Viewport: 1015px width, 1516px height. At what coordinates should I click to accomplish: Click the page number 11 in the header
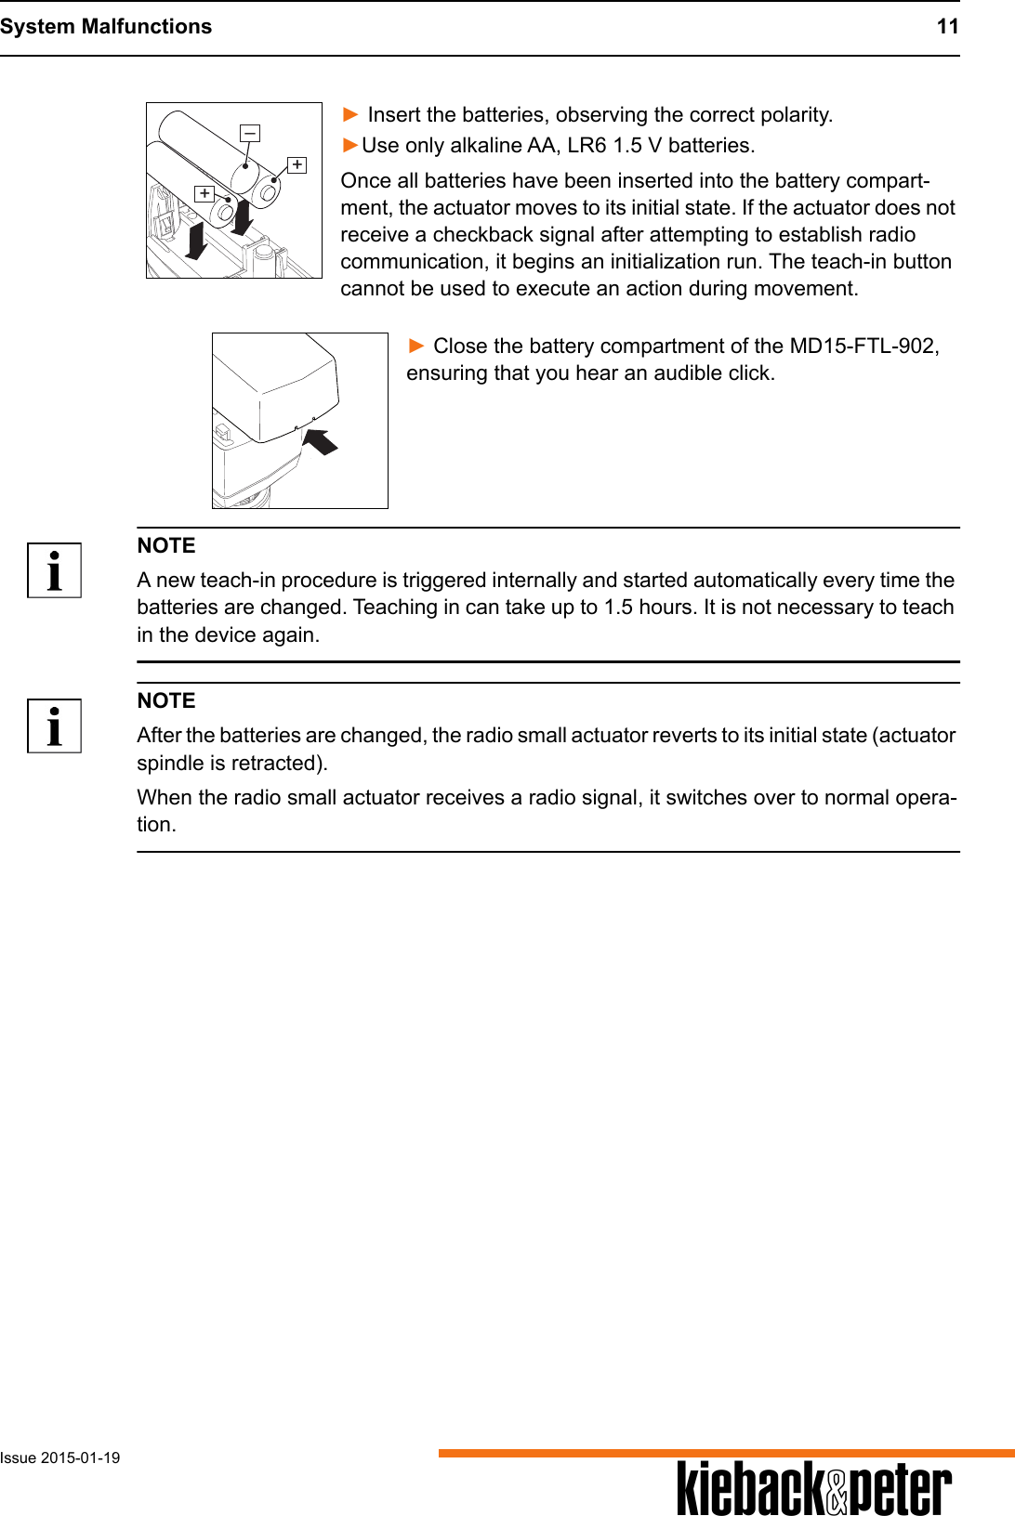[x=947, y=26]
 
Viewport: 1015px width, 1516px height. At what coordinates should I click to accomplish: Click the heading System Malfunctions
[x=106, y=26]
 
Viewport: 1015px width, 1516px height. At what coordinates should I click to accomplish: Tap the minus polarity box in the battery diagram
[x=250, y=134]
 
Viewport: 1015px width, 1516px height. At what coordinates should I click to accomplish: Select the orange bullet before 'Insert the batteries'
[x=350, y=114]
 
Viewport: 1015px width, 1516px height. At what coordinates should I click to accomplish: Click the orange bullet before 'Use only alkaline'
[x=349, y=145]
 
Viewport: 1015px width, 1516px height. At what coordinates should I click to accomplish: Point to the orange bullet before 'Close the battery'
[x=416, y=346]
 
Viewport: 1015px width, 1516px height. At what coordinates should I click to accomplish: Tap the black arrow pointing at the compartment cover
[x=321, y=440]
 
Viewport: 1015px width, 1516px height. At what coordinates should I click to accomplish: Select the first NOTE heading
[x=166, y=545]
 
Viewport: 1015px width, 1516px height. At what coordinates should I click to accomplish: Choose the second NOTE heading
[x=166, y=700]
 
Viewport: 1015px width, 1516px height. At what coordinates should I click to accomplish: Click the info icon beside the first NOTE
[x=55, y=570]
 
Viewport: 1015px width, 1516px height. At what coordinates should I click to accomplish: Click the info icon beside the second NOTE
[x=55, y=725]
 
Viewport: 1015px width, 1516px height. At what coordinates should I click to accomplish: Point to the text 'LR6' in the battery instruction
[x=587, y=145]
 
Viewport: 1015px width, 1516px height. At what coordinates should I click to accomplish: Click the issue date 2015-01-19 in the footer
[x=80, y=1457]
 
